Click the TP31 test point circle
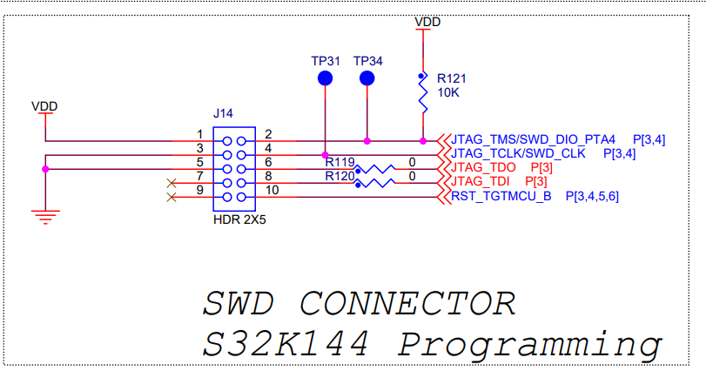(325, 79)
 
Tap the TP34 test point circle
(366, 79)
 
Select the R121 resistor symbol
(423, 92)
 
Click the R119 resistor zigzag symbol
(375, 169)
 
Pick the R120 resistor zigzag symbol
(375, 183)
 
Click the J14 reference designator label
(223, 114)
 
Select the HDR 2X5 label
(239, 220)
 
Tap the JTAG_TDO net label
(485, 167)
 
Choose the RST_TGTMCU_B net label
(501, 196)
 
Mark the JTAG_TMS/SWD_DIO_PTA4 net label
(534, 139)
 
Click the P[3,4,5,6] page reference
(592, 196)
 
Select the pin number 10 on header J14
(272, 190)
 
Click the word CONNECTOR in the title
(407, 304)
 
